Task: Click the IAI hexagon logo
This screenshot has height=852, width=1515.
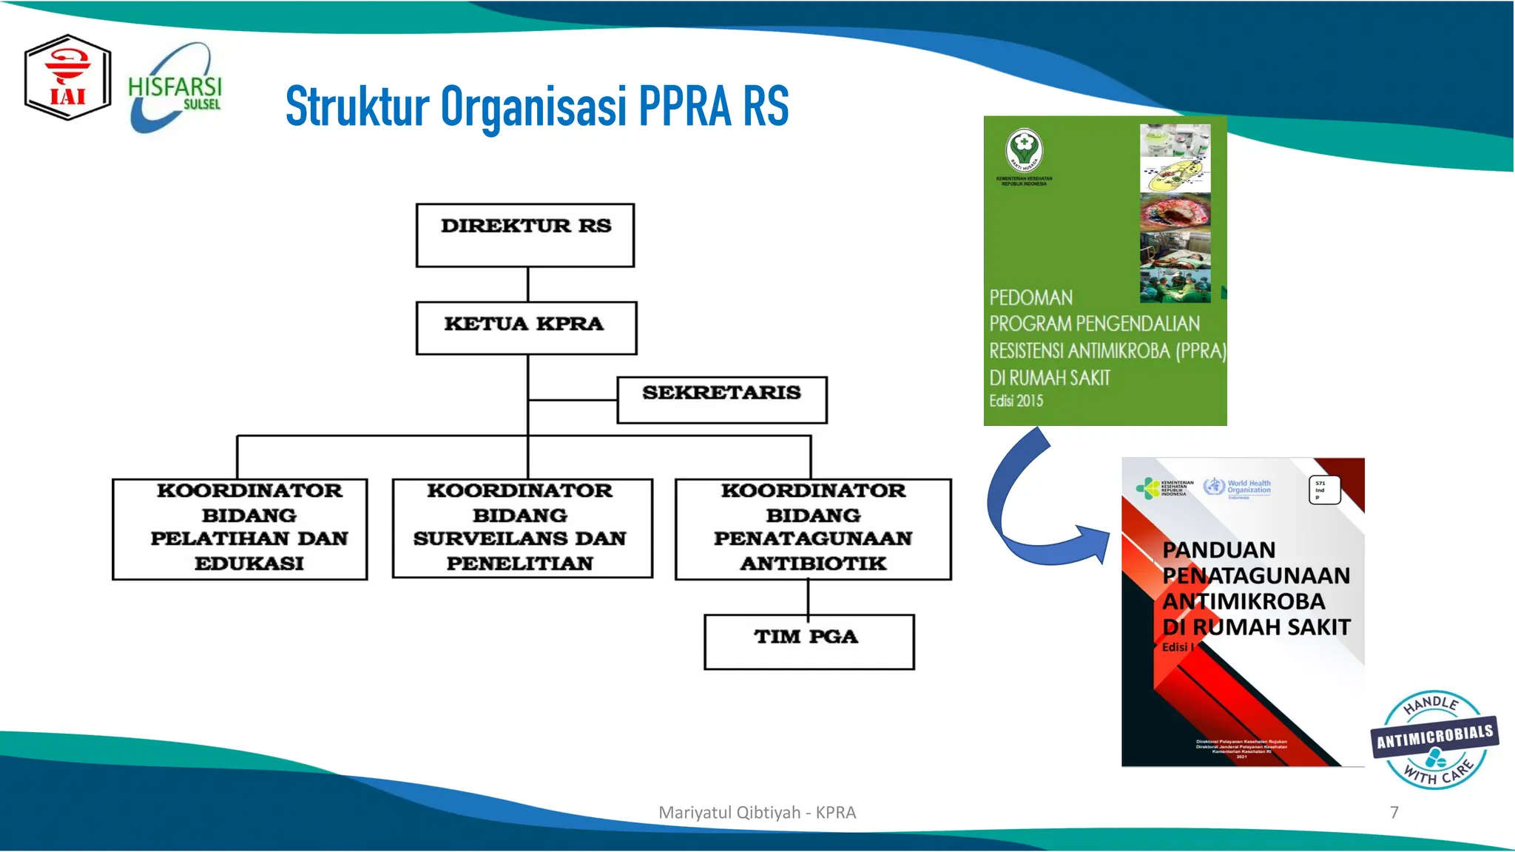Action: click(x=67, y=78)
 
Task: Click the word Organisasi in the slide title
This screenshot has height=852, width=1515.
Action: click(x=533, y=107)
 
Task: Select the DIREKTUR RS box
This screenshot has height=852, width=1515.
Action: click(x=525, y=235)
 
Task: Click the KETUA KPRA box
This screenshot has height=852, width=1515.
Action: click(x=526, y=328)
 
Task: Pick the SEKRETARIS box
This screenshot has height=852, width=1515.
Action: click(x=722, y=399)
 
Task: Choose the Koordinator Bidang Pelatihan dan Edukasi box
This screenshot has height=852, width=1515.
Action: click(x=240, y=529)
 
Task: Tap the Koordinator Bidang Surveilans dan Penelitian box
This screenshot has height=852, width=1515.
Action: click(x=522, y=528)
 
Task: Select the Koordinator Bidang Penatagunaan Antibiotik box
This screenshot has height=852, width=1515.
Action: click(x=813, y=529)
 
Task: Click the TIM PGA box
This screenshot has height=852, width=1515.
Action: click(x=809, y=641)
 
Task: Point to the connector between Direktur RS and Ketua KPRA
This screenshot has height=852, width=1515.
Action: click(x=527, y=284)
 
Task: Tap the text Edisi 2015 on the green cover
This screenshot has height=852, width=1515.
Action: click(x=1016, y=401)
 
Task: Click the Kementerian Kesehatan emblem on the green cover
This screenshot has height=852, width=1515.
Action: click(x=1024, y=149)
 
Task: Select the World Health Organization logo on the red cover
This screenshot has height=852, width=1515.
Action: click(x=1238, y=487)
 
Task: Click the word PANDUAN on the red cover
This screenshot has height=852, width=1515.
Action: click(x=1218, y=550)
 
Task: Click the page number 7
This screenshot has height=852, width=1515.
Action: click(x=1394, y=812)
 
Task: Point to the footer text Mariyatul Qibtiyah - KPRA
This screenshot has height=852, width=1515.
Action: click(x=757, y=812)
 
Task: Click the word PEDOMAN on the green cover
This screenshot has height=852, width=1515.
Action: click(x=1030, y=298)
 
